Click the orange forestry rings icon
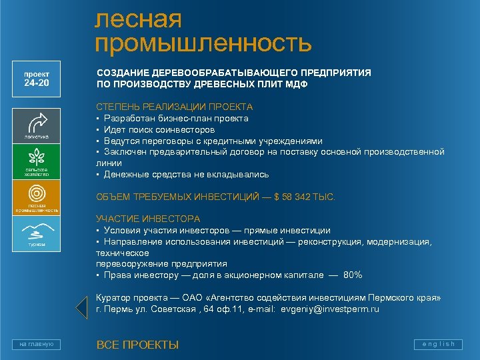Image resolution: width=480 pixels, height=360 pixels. tap(37, 194)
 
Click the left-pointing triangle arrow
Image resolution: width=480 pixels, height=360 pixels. tap(81, 305)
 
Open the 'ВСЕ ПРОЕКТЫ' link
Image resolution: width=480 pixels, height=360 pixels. tap(137, 345)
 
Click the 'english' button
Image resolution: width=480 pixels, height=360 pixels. tap(438, 344)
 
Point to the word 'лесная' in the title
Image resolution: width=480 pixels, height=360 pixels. tap(138, 19)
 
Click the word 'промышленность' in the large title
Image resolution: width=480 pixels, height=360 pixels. tap(203, 43)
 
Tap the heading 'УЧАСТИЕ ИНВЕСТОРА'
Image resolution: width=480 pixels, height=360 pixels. tap(147, 219)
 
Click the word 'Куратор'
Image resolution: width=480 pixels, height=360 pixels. tap(113, 298)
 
